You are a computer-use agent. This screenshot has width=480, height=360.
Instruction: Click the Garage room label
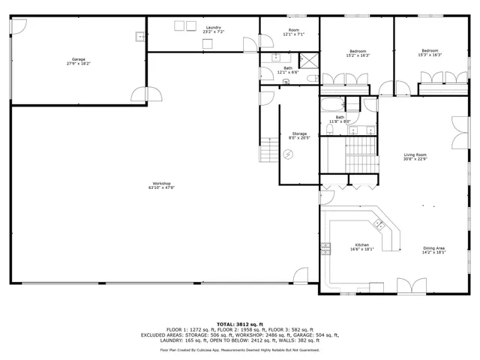pyautogui.click(x=78, y=58)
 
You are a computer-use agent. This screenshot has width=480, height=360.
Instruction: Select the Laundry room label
pyautogui.click(x=213, y=28)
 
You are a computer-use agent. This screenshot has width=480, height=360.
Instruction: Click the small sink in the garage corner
pyautogui.click(x=139, y=35)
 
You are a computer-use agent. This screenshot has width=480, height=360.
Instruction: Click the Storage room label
pyautogui.click(x=299, y=133)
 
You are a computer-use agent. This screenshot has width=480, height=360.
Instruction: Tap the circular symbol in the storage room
pyautogui.click(x=289, y=154)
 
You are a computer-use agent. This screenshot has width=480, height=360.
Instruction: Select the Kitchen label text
pyautogui.click(x=361, y=245)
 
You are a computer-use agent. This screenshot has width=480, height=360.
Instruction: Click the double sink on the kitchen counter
pyautogui.click(x=379, y=223)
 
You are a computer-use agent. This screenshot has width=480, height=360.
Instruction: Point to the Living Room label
pyautogui.click(x=415, y=154)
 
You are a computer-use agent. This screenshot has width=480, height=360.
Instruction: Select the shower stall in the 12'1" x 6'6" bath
pyautogui.click(x=308, y=61)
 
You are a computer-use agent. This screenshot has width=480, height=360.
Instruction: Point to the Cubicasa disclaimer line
pyautogui.click(x=239, y=349)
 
